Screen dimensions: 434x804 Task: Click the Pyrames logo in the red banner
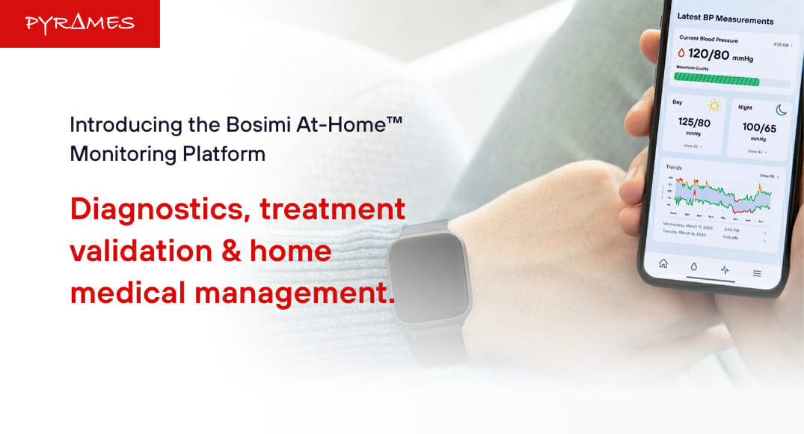(79, 23)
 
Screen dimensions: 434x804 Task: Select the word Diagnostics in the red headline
(159, 209)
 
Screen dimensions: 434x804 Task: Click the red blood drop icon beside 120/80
(681, 53)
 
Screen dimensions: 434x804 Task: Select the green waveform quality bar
(716, 80)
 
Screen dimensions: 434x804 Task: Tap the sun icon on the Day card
(714, 106)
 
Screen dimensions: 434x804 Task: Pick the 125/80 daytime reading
(694, 122)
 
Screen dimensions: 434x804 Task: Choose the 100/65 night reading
(759, 128)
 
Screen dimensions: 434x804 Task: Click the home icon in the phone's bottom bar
(663, 263)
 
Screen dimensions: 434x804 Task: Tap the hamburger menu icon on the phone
(756, 273)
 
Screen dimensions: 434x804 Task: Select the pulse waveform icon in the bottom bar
(724, 269)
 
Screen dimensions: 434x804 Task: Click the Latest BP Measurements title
(725, 19)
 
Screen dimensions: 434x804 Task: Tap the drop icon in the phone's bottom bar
(693, 266)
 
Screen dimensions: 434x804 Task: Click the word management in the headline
(294, 293)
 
